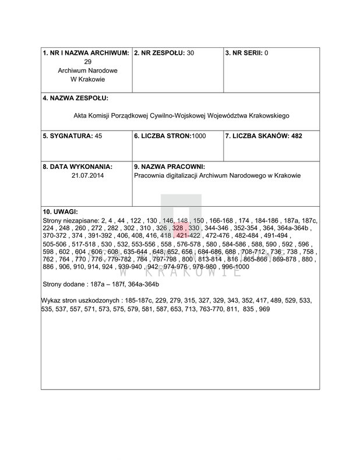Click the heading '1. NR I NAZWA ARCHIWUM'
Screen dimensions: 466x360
tap(86, 53)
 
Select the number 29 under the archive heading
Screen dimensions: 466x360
tap(87, 62)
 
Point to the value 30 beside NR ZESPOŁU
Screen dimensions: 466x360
tap(190, 53)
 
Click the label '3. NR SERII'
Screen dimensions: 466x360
tap(243, 53)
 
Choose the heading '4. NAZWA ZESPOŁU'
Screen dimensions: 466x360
tap(76, 98)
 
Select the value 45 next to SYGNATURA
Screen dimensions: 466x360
tap(98, 136)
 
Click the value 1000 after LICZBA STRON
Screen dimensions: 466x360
tap(199, 136)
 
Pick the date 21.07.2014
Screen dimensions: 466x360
tap(86, 175)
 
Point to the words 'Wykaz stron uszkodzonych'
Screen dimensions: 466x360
tap(80, 300)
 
